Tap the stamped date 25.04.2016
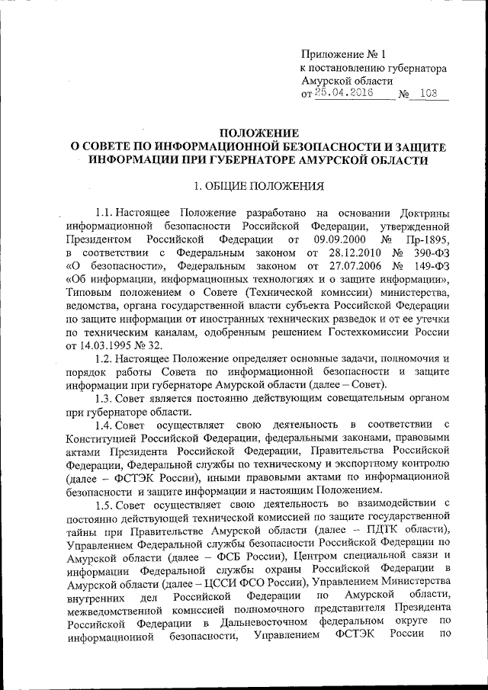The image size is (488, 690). pos(342,95)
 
